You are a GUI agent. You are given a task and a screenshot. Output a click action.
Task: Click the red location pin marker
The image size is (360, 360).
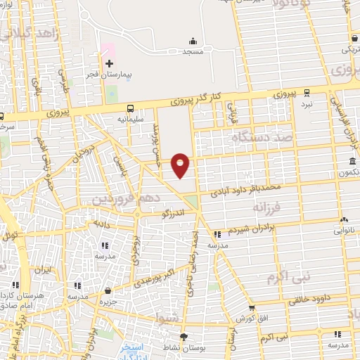coord(181,165)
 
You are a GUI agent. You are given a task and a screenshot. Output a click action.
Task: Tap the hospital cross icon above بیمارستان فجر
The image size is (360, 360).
coord(109,64)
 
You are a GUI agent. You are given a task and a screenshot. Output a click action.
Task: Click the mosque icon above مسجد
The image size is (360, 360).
coord(193,41)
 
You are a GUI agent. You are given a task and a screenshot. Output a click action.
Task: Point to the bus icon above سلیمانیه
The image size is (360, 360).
coord(131,108)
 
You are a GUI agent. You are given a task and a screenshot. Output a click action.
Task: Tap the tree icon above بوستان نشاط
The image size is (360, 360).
coord(184,336)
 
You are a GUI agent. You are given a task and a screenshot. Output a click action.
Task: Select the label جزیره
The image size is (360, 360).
coord(108,301)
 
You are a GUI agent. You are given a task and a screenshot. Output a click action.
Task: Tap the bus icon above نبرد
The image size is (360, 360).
coord(306,93)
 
